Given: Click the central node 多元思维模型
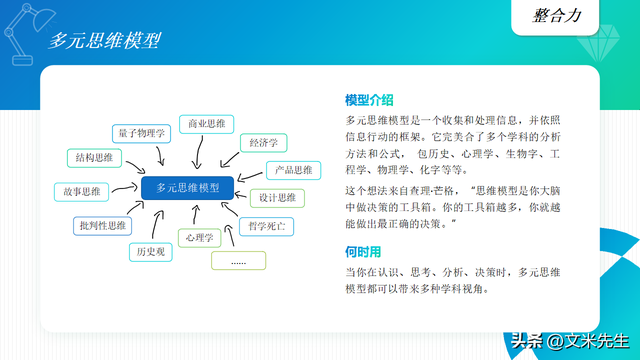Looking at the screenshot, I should coord(187,187).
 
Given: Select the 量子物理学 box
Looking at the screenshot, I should coord(141,132).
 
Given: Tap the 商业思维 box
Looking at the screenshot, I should coord(206,124).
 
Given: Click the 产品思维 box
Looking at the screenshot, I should coord(294,170).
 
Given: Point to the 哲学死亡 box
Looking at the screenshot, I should coord(265,227).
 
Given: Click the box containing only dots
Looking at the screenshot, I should coord(238,262).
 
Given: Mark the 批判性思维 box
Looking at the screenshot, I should coord(101,226).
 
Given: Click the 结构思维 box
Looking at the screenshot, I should coord(94,157).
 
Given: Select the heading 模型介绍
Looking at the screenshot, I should coord(369,100).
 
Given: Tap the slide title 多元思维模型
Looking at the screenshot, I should coord(106,41).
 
